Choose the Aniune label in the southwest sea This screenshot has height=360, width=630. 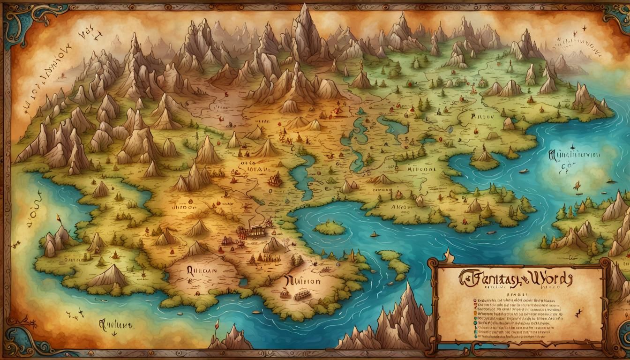(114, 323)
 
